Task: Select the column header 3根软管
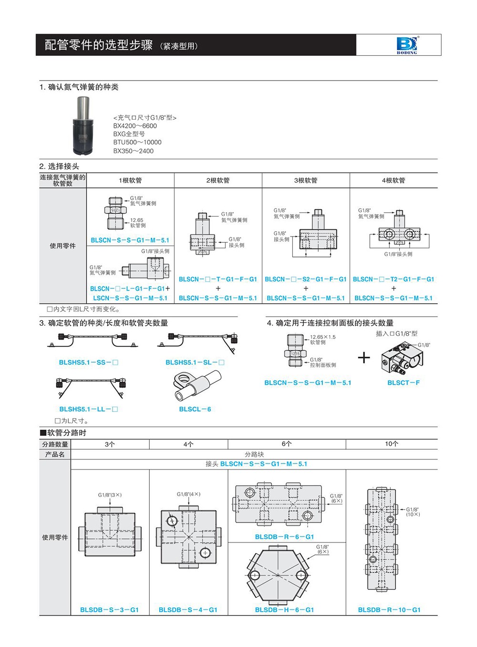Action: pyautogui.click(x=306, y=180)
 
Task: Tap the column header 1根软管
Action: pyautogui.click(x=130, y=180)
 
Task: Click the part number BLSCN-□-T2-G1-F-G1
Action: pyautogui.click(x=394, y=279)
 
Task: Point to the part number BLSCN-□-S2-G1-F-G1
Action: pyautogui.click(x=306, y=279)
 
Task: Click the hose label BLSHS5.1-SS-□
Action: pyautogui.click(x=88, y=362)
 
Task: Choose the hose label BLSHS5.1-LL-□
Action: pyautogui.click(x=88, y=409)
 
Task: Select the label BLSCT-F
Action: pyautogui.click(x=404, y=383)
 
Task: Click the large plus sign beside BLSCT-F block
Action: pyautogui.click(x=364, y=357)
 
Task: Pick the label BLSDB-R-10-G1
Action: pyautogui.click(x=389, y=610)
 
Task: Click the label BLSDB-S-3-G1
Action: pyautogui.click(x=109, y=610)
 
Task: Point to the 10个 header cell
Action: pyautogui.click(x=392, y=444)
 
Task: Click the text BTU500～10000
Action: pyautogui.click(x=137, y=143)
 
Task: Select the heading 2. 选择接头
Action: pyautogui.click(x=59, y=166)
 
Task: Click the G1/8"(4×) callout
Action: pyautogui.click(x=188, y=494)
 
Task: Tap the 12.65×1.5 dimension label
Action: pyautogui.click(x=323, y=337)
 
